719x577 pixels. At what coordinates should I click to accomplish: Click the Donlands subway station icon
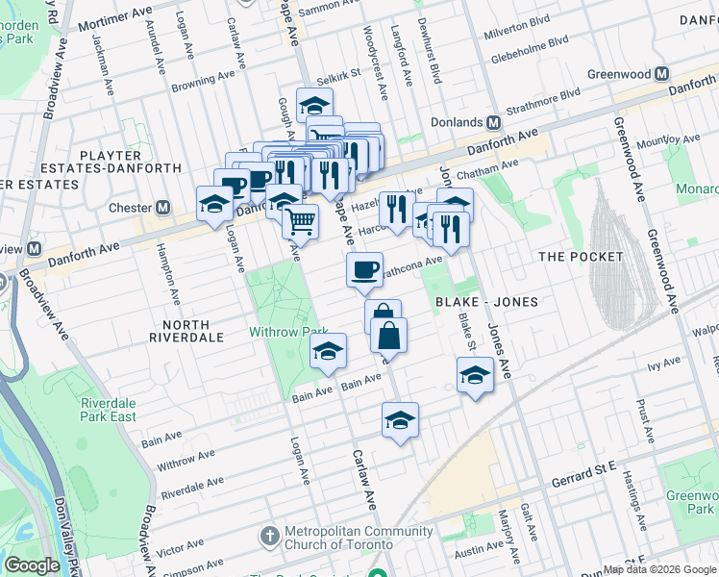(x=493, y=122)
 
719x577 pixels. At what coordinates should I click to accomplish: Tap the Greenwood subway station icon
(x=661, y=74)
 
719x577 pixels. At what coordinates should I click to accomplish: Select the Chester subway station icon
(x=163, y=208)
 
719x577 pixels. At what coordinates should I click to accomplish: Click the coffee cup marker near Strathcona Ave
(x=364, y=269)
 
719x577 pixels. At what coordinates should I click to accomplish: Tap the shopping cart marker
(x=301, y=221)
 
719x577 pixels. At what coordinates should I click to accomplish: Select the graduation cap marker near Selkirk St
(x=314, y=105)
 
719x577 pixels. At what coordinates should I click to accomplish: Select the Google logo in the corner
(x=32, y=565)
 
